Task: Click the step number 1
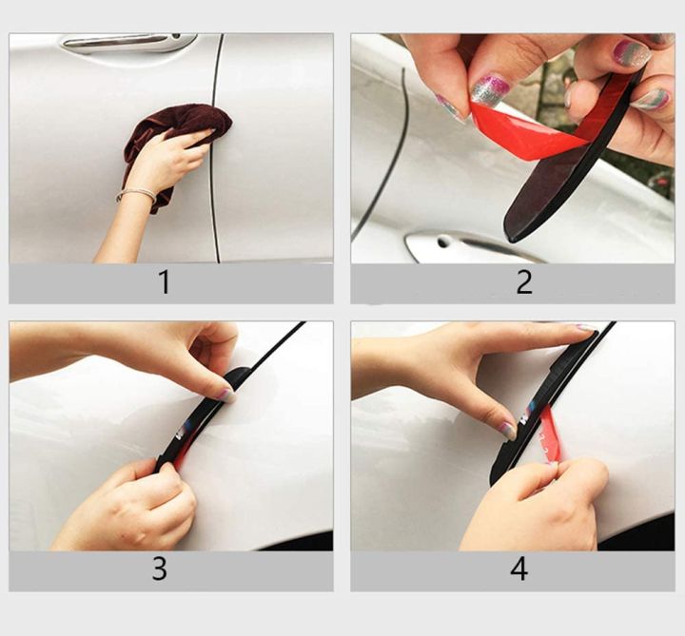pyautogui.click(x=164, y=282)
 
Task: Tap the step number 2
pyautogui.click(x=524, y=282)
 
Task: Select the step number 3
pyautogui.click(x=160, y=569)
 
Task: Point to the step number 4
pyautogui.click(x=519, y=569)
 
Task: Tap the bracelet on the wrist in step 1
pyautogui.click(x=137, y=194)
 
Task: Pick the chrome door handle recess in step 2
pyautogui.click(x=457, y=245)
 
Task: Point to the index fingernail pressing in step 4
pyautogui.click(x=509, y=430)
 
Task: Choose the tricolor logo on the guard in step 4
pyautogui.click(x=527, y=415)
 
